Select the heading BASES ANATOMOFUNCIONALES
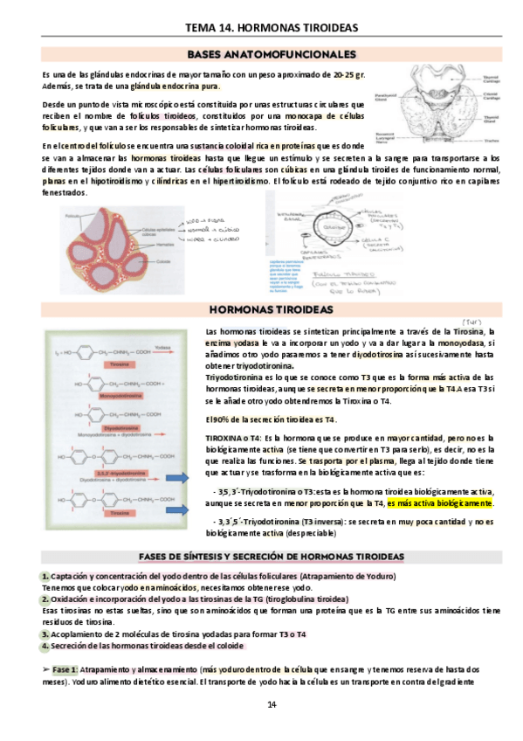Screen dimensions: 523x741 (x=259, y=54)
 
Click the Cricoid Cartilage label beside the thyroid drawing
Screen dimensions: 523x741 (x=491, y=95)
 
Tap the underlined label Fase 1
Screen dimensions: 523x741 (x=64, y=668)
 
